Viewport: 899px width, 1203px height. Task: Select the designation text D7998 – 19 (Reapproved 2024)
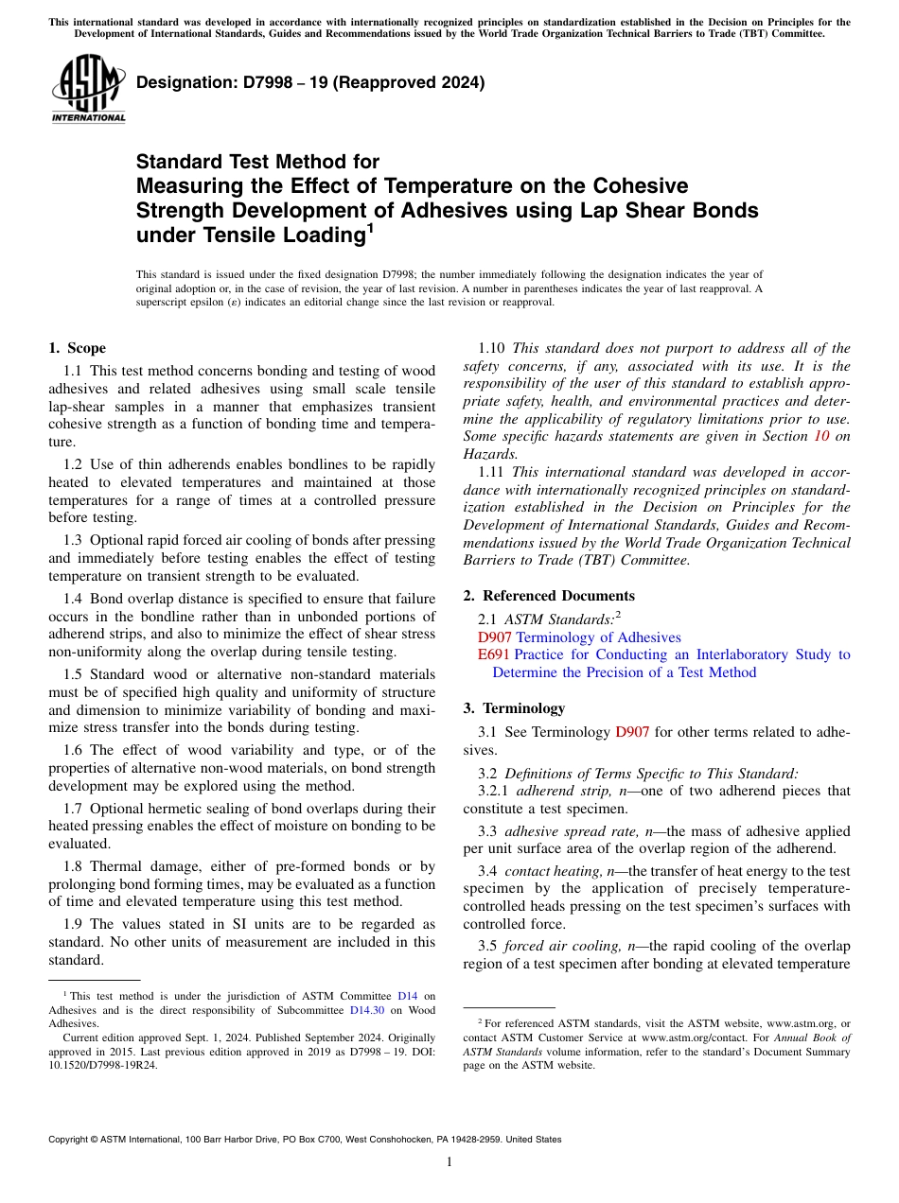[x=310, y=82]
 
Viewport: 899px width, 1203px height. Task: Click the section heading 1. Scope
[x=77, y=348]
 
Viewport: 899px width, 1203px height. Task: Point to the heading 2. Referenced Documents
[x=549, y=596]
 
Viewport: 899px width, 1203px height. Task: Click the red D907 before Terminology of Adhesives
[x=495, y=637]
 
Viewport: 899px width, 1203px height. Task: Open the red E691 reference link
[x=493, y=654]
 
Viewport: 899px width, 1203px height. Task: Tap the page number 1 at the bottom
[x=449, y=1162]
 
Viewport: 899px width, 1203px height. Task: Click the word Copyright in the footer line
[x=73, y=1140]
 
